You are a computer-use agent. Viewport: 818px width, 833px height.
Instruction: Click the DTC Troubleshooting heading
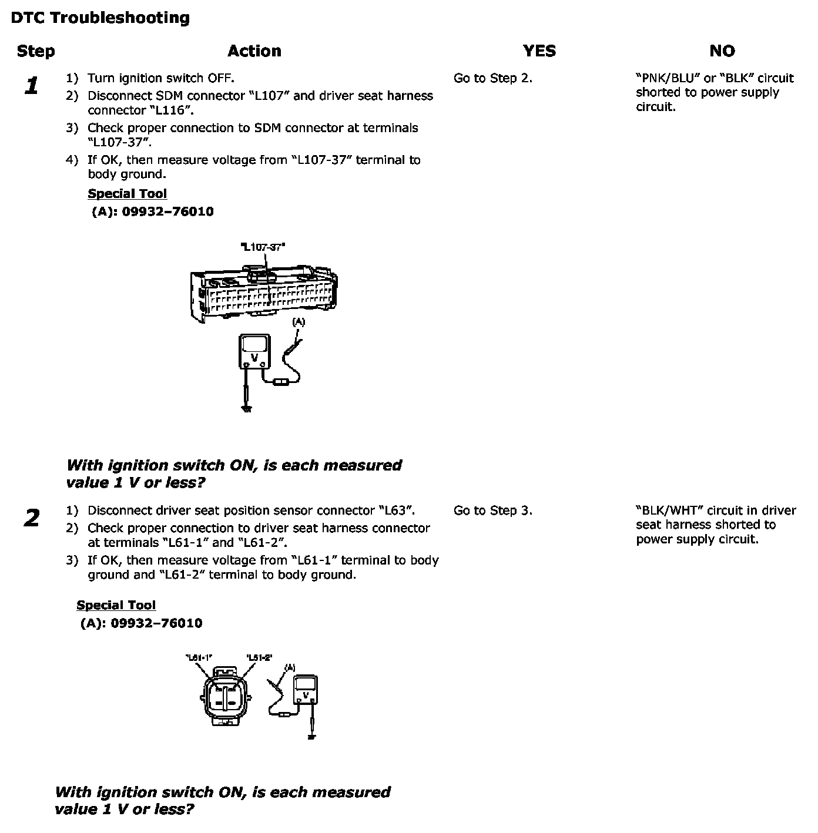click(100, 18)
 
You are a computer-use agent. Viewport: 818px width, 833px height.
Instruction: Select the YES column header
click(539, 51)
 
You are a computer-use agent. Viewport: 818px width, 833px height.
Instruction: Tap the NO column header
click(722, 51)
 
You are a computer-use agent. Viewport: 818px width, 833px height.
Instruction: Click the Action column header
click(254, 51)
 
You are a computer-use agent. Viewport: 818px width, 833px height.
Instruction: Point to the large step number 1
click(32, 86)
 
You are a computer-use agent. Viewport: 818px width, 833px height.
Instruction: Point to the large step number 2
click(32, 518)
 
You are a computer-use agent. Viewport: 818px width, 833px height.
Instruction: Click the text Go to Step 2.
click(492, 78)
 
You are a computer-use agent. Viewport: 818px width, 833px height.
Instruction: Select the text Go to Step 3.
click(492, 510)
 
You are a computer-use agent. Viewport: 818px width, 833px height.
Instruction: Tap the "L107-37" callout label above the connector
click(263, 247)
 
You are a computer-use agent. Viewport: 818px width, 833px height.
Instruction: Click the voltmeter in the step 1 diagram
click(254, 351)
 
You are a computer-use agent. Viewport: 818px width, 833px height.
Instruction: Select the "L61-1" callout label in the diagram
click(199, 657)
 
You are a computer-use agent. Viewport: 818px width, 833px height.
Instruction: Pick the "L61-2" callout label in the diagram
click(259, 657)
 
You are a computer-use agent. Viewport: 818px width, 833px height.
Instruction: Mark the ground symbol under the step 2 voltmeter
click(311, 736)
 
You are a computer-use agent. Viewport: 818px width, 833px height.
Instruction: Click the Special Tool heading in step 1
click(127, 194)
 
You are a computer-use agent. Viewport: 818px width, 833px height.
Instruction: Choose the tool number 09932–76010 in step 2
click(156, 623)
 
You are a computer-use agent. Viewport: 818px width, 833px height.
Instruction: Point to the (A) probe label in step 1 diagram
click(299, 322)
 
